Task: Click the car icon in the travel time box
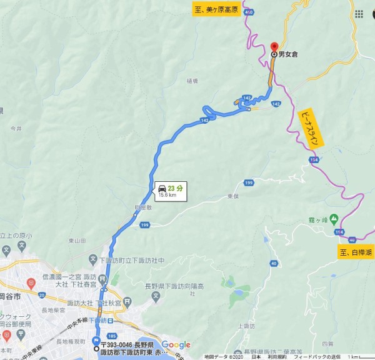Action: tap(162, 188)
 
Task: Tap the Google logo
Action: tap(176, 345)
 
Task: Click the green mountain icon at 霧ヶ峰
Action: tap(334, 219)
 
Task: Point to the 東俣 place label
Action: tap(233, 196)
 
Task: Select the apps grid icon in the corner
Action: tap(359, 14)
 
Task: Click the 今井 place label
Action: tap(16, 128)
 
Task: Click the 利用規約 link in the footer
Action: tap(276, 356)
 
